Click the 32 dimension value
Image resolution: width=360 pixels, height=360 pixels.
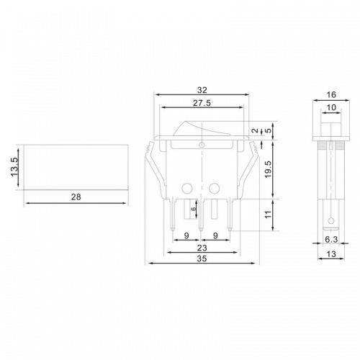(x=202, y=90)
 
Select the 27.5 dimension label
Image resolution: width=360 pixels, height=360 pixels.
(x=202, y=103)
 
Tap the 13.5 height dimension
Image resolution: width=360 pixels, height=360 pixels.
(x=14, y=167)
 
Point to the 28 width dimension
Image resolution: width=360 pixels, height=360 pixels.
(x=76, y=197)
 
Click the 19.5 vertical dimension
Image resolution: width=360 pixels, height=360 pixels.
(x=269, y=169)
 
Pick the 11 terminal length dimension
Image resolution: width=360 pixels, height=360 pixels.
(x=269, y=215)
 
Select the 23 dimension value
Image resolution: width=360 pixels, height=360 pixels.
(x=202, y=248)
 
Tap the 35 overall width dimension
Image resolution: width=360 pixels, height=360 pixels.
(x=202, y=258)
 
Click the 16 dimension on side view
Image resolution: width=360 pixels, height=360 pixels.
(x=331, y=95)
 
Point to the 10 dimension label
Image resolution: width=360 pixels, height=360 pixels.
(x=331, y=107)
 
